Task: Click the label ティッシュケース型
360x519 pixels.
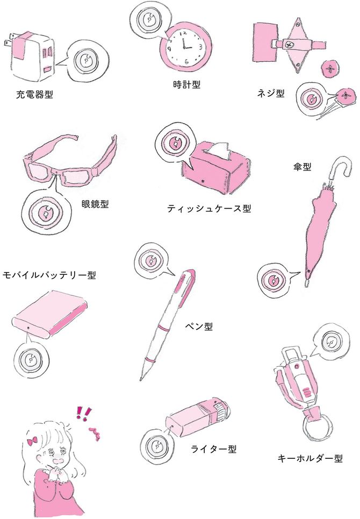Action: pos(209,208)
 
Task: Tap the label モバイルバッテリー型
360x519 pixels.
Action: pos(49,275)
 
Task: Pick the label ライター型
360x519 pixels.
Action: pos(213,448)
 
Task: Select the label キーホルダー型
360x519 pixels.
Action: pos(310,458)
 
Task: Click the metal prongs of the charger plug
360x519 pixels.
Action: pos(8,40)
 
